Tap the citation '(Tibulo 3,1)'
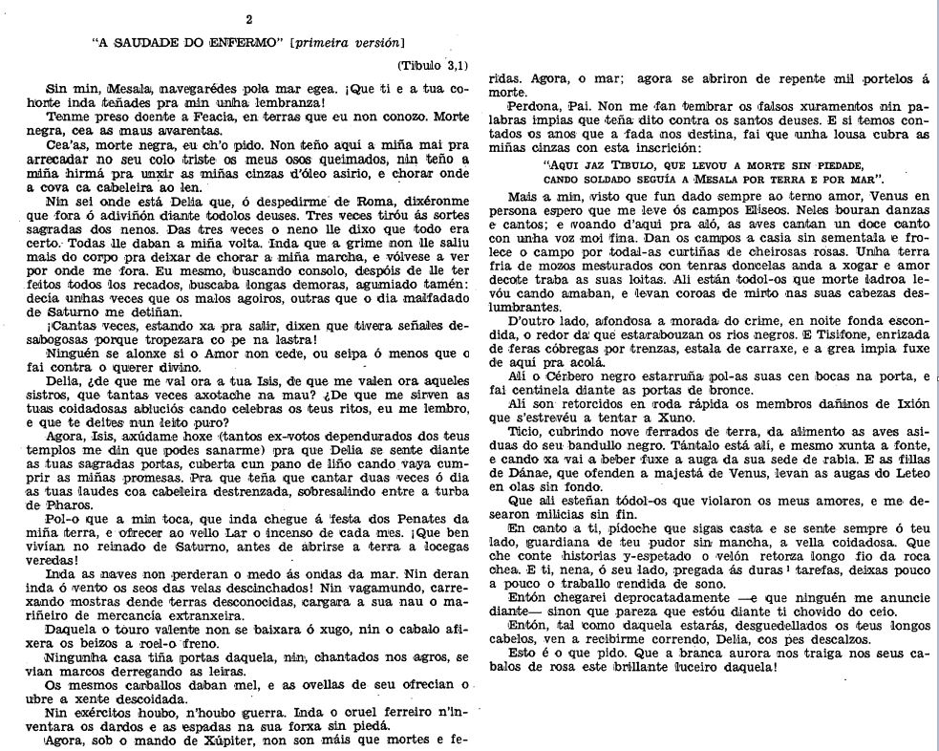(435, 66)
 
